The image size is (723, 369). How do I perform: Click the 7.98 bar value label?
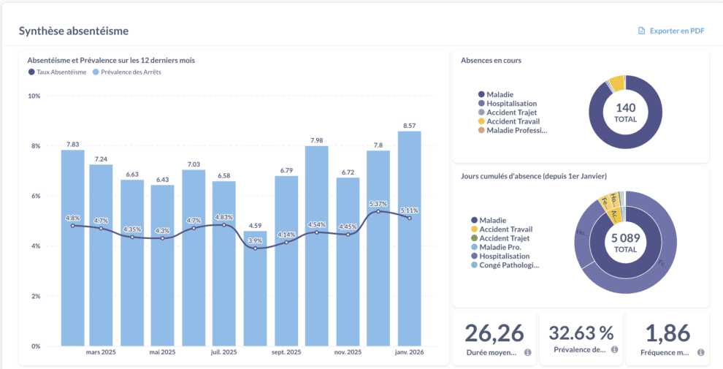coord(316,140)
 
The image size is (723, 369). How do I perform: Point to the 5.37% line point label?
coord(378,203)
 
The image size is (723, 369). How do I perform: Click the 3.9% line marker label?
coord(255,240)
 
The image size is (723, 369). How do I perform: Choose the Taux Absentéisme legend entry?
coord(58,72)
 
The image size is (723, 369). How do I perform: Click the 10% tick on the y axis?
coord(34,96)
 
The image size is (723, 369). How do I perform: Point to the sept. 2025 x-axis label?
coord(286,352)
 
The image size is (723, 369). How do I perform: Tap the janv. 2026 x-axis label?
coord(409,352)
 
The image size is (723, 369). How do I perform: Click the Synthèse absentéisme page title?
coord(73,31)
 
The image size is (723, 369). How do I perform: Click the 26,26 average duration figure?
coord(494,333)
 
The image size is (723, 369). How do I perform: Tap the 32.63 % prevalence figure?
coord(581,333)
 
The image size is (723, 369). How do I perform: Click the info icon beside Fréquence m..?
coord(700,352)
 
